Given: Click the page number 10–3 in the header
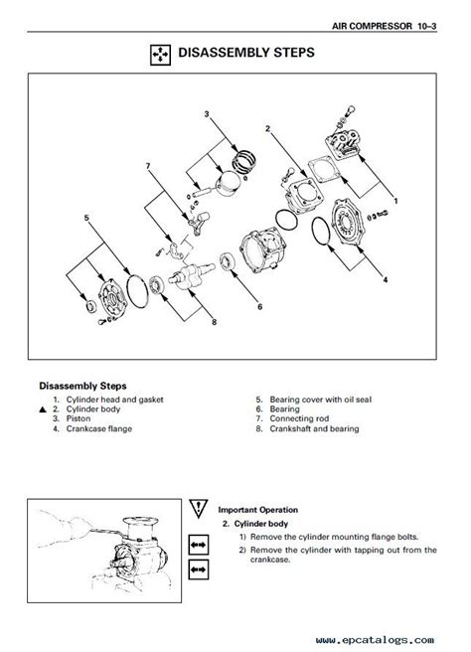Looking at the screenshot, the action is (x=427, y=26).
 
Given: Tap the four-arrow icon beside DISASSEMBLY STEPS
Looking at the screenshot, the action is (x=160, y=55).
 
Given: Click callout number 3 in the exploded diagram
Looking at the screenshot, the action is (x=207, y=113).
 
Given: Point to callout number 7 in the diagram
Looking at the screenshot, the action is (x=148, y=166).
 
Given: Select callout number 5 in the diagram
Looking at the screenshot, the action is (x=86, y=218).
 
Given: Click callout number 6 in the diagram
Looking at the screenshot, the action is (x=259, y=307).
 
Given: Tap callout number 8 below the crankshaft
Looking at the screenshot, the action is (x=214, y=322).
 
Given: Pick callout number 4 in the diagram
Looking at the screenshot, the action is (x=386, y=280).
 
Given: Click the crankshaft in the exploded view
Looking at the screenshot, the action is (x=191, y=275).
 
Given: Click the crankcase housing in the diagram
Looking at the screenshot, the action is (x=262, y=248).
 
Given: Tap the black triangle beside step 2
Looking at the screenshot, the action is (x=43, y=409).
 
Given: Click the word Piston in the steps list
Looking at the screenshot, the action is (x=78, y=418).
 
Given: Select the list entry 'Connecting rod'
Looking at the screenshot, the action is (x=299, y=418).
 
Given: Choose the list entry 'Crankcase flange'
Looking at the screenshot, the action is (x=99, y=428).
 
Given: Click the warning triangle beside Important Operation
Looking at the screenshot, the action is (x=199, y=507).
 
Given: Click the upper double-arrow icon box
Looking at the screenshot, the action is (x=199, y=545).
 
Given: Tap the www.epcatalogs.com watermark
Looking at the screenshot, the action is (x=375, y=640).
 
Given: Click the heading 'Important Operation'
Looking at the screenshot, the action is (x=258, y=510).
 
